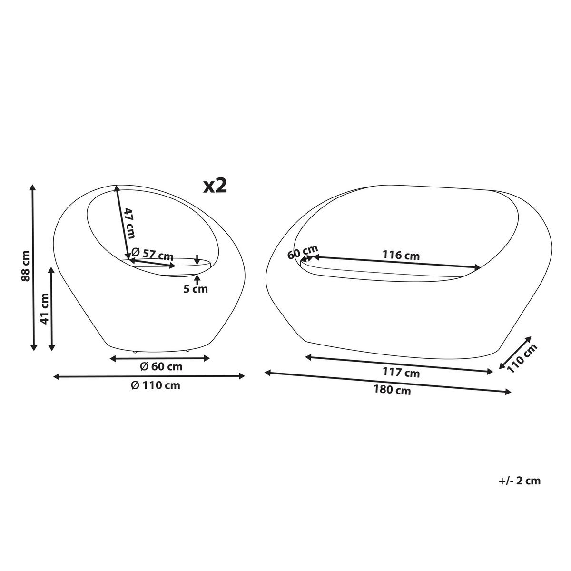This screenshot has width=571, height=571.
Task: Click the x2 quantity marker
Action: click(x=215, y=186)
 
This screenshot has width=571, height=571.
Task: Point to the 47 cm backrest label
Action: click(x=129, y=223)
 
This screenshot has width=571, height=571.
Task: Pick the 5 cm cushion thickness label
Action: click(x=195, y=289)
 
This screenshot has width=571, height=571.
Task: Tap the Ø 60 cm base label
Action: click(x=161, y=367)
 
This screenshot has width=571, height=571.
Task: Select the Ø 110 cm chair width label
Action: click(x=156, y=385)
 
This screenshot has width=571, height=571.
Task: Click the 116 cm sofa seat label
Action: click(x=401, y=255)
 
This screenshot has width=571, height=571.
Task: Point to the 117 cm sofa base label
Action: click(x=401, y=372)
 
